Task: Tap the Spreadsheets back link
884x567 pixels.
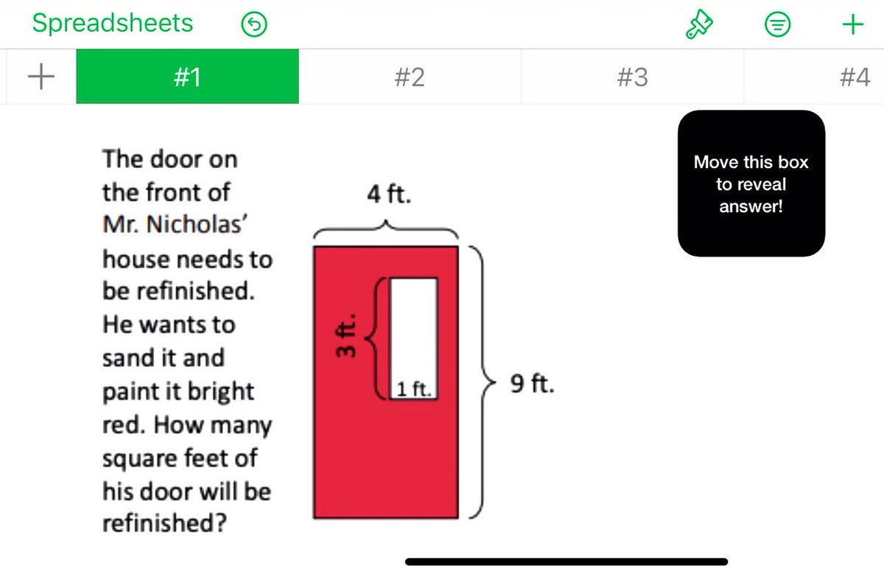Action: [113, 23]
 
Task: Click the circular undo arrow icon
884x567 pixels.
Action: [254, 24]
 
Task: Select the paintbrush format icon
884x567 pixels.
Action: [699, 24]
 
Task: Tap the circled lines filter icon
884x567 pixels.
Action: [777, 24]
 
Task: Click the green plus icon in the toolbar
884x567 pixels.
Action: [853, 24]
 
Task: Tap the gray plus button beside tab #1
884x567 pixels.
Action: [41, 76]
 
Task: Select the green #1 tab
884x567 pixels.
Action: [187, 76]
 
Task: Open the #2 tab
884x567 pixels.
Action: [410, 77]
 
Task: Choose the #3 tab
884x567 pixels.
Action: [632, 77]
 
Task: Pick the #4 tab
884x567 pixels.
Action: [855, 77]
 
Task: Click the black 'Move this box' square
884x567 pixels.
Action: [751, 184]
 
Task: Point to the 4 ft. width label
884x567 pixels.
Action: [389, 194]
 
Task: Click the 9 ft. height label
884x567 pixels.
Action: [532, 383]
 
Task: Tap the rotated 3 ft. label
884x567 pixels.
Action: [345, 335]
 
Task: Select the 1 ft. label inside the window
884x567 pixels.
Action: [413, 389]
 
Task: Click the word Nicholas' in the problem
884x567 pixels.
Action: [197, 224]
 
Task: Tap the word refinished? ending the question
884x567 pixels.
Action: [164, 522]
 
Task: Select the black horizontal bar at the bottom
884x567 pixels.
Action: [566, 561]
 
